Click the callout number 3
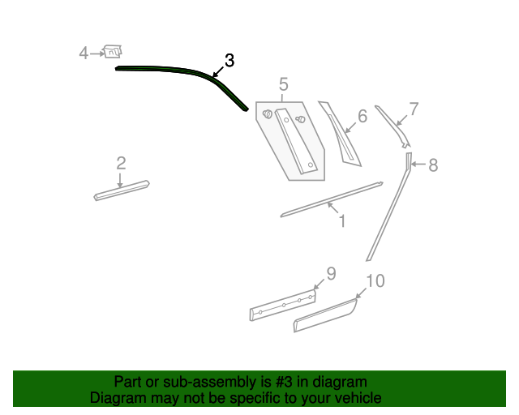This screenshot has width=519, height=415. pos(229,60)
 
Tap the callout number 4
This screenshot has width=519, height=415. pos(84,53)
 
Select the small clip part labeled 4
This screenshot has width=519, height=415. pos(114,53)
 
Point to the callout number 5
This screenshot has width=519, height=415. pos(283,84)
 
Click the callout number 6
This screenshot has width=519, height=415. pos(362,117)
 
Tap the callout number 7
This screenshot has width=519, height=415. pos(414,109)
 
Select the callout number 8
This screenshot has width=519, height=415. pos(433,165)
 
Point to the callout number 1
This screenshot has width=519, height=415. pos(341,220)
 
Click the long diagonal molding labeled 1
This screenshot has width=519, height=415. pos(332,199)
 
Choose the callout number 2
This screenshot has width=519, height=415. pos(121,163)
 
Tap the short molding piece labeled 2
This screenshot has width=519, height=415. pos(122,190)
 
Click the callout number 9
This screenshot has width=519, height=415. pos(331,272)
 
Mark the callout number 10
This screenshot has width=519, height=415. pos(375,281)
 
